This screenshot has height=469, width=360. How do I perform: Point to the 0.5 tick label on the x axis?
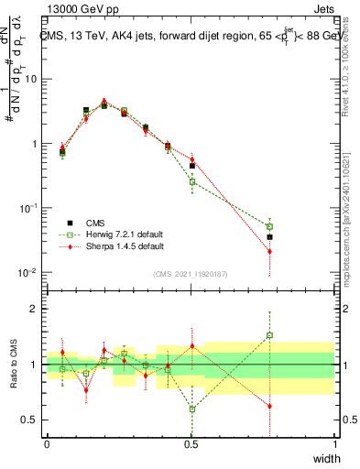[191, 443]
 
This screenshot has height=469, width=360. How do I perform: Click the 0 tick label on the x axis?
[47, 443]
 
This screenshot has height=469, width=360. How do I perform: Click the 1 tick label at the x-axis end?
[334, 443]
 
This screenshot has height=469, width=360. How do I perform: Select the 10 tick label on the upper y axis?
[29, 79]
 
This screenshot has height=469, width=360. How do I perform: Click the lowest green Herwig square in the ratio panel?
[192, 409]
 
